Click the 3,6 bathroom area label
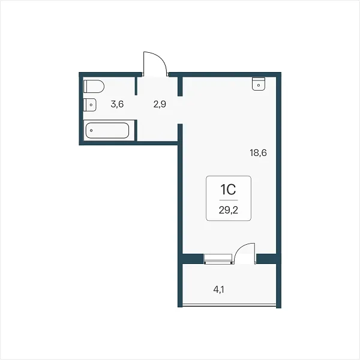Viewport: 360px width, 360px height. (x=117, y=104)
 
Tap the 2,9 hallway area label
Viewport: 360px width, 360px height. (x=160, y=104)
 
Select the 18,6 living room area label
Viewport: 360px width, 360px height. (x=258, y=152)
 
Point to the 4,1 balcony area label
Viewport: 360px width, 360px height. (x=219, y=290)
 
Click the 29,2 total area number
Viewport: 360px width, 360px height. (x=229, y=210)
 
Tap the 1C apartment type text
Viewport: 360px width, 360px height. (x=228, y=190)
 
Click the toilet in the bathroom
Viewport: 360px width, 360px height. (x=94, y=86)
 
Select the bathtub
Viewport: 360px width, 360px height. (x=107, y=130)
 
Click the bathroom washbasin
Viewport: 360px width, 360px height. (x=90, y=105)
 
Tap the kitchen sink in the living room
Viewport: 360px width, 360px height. (x=259, y=84)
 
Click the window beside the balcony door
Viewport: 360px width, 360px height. (x=217, y=259)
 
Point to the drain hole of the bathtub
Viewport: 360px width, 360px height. (x=91, y=130)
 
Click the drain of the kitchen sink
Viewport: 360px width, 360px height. (x=259, y=85)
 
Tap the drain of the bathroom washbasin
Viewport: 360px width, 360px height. (x=91, y=105)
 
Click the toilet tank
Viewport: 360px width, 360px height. (x=85, y=86)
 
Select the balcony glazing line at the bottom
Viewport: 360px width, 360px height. (x=229, y=305)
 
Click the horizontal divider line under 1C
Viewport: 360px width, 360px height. (x=229, y=200)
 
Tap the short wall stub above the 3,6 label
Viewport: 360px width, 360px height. (x=136, y=86)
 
